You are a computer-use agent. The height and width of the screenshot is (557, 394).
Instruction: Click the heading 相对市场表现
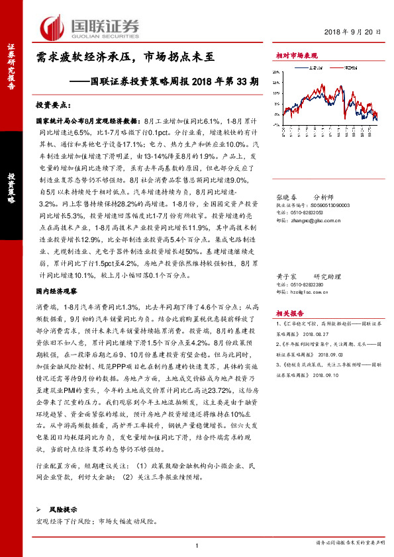pyautogui.click(x=296, y=57)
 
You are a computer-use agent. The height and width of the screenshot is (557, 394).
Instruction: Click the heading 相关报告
pyautogui.click(x=289, y=314)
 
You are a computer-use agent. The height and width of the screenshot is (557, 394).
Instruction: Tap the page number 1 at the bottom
pyautogui.click(x=197, y=546)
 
